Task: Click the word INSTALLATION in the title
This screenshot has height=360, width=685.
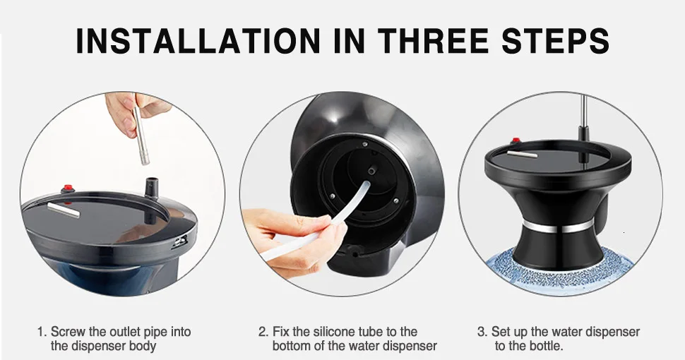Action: point(198,41)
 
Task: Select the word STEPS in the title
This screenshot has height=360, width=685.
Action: point(555,41)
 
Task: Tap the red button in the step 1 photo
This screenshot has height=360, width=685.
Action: point(67,188)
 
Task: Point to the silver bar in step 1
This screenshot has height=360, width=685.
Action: point(64,210)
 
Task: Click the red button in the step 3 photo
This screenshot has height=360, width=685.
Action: point(516,141)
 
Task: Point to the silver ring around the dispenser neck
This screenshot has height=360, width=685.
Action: point(559,227)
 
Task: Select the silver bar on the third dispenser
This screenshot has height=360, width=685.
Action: point(522,154)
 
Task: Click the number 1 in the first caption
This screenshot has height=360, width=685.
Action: point(41,332)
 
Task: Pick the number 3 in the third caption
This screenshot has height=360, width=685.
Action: point(481,332)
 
